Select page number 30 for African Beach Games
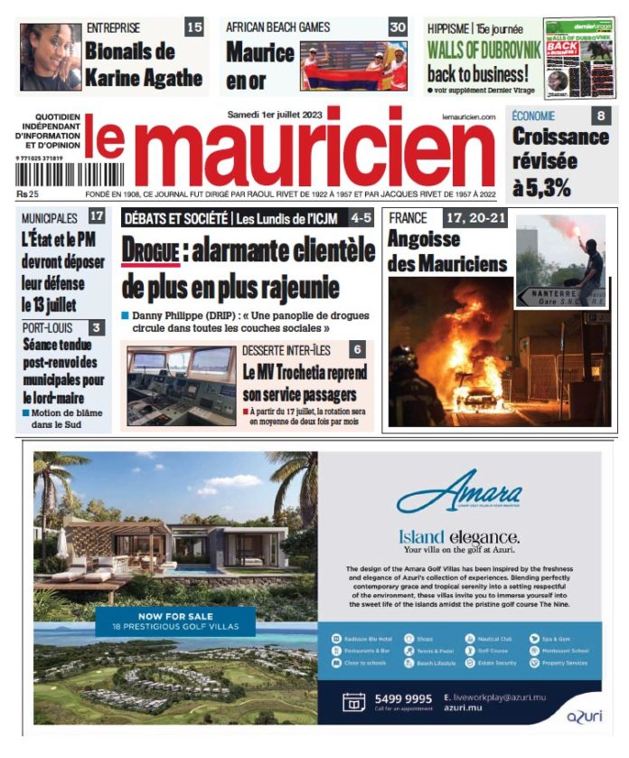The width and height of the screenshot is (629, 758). click(x=398, y=27)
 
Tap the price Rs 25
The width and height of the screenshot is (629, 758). click(x=28, y=194)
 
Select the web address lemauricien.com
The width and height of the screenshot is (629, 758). click(x=469, y=117)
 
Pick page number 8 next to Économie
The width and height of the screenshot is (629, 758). click(x=601, y=116)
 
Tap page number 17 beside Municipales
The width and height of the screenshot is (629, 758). click(x=97, y=217)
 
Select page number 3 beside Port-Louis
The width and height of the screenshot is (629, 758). click(x=97, y=328)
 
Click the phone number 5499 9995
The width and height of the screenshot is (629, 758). click(x=401, y=699)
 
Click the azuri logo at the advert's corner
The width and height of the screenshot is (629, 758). click(x=585, y=715)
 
